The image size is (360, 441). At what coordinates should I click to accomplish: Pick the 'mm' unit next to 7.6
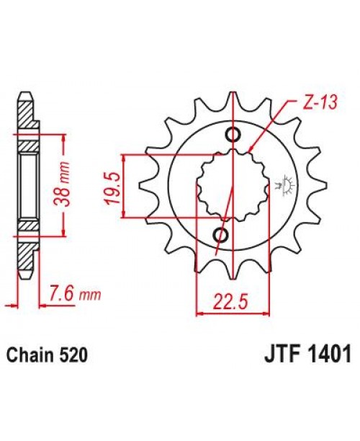[91, 295]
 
